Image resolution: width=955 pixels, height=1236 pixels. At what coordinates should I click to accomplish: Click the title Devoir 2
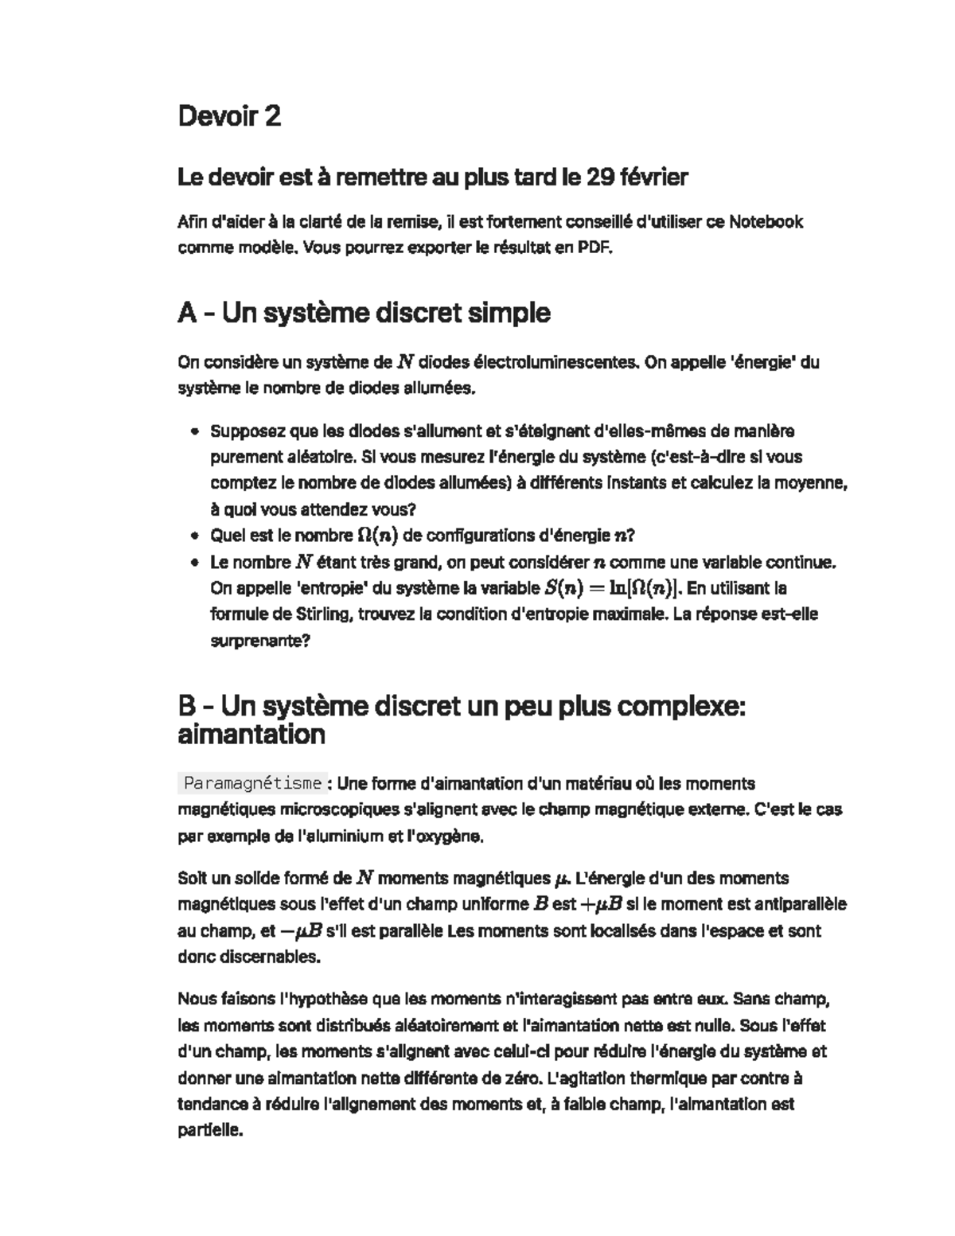click(x=229, y=117)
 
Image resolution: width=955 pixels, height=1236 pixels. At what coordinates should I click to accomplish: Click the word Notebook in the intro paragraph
click(x=766, y=222)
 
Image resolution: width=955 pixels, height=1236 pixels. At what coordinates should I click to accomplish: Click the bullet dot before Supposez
click(x=194, y=432)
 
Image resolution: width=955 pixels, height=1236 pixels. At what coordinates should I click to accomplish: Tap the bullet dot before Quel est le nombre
click(x=194, y=536)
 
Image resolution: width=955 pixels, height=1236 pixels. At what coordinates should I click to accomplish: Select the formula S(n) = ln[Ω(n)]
click(x=610, y=589)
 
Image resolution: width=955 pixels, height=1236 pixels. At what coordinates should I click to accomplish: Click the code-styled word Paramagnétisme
click(x=252, y=784)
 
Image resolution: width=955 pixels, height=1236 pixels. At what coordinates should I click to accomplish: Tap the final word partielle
click(x=208, y=1131)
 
